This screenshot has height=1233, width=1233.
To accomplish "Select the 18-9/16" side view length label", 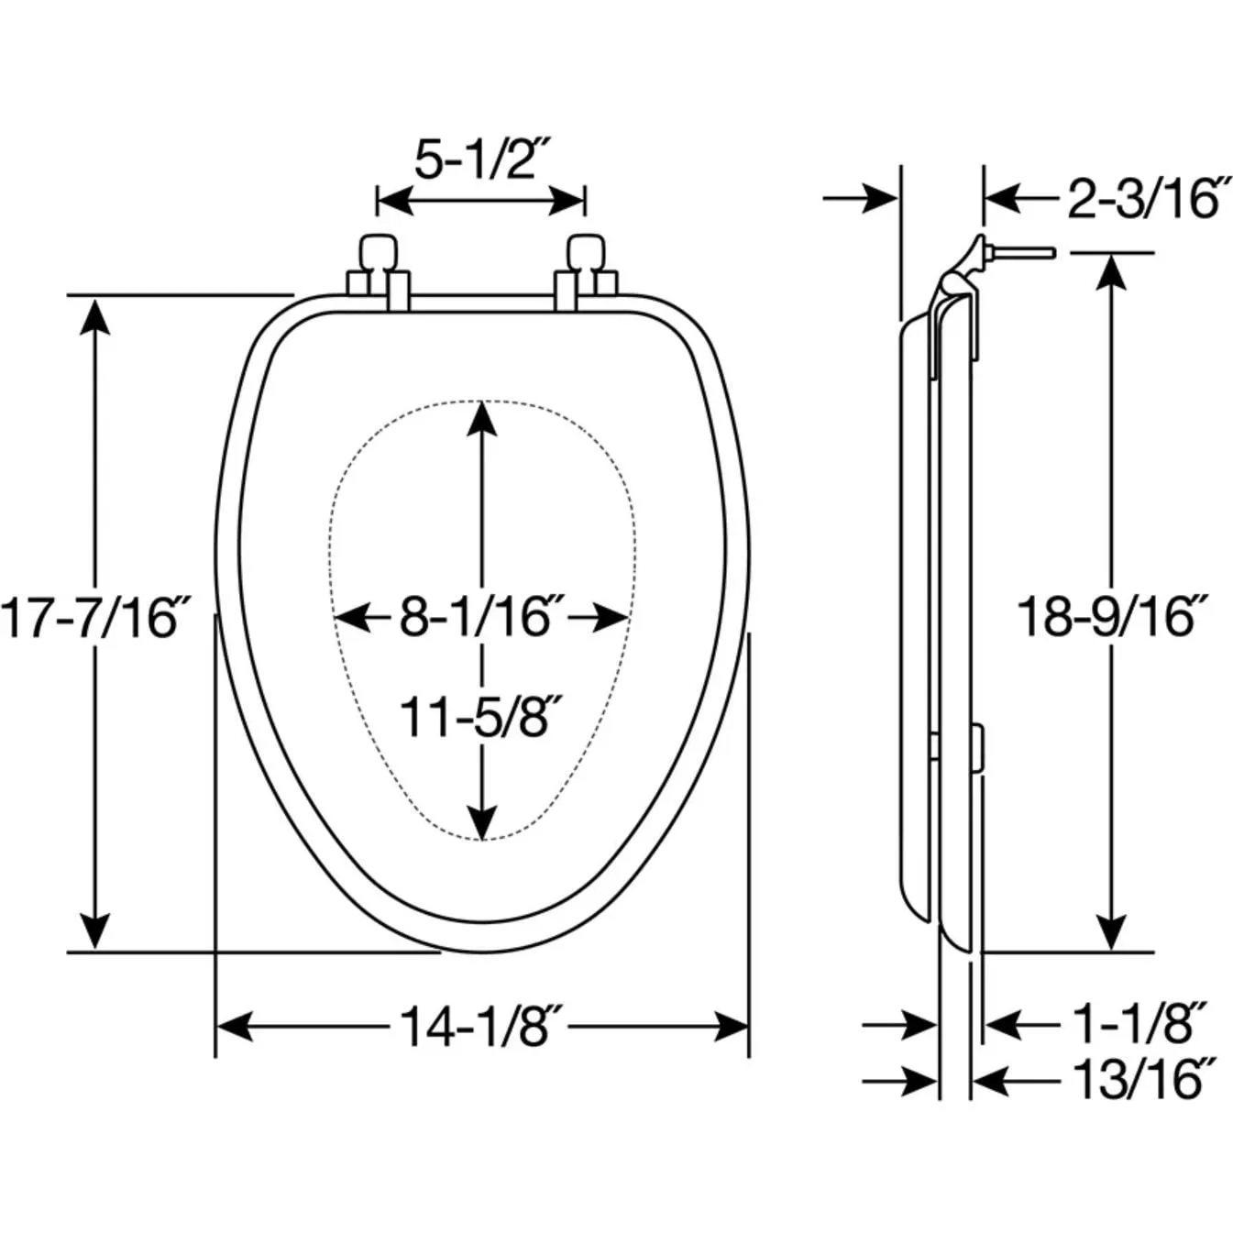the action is tap(1111, 617).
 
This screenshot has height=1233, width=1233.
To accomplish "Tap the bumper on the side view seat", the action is tap(976, 747).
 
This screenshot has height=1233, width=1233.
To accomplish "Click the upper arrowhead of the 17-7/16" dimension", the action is tap(95, 315).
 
